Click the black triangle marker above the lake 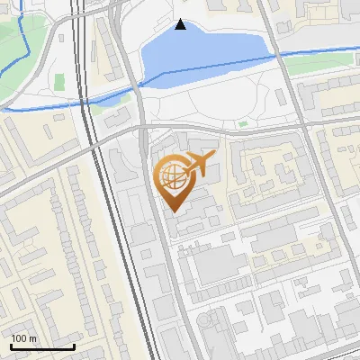click(181, 24)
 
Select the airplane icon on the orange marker click(198, 165)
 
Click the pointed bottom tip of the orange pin click(172, 211)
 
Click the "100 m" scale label click(24, 338)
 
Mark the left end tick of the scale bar click(11, 346)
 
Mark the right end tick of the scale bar click(74, 346)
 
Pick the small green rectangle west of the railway click(59, 82)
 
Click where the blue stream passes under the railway click(86, 99)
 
